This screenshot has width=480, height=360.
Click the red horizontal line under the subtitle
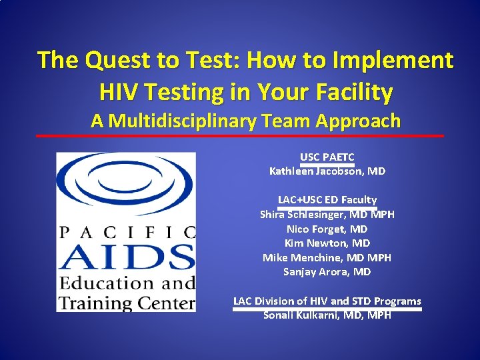click(x=239, y=136)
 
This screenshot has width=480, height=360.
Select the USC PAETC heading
click(x=327, y=157)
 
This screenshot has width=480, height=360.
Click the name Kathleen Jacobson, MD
click(x=327, y=171)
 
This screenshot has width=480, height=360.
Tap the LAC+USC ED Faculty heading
click(x=327, y=199)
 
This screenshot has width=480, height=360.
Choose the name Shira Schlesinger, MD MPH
click(x=327, y=214)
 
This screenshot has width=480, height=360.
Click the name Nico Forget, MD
click(x=327, y=229)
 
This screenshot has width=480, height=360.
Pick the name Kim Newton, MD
click(x=327, y=243)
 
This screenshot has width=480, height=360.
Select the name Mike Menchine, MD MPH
click(x=327, y=257)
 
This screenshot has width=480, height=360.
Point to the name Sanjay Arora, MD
click(x=327, y=272)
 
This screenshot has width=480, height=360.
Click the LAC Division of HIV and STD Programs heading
click(x=327, y=301)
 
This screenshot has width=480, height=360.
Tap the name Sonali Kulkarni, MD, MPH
click(x=327, y=315)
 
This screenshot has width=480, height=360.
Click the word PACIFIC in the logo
click(x=127, y=232)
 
